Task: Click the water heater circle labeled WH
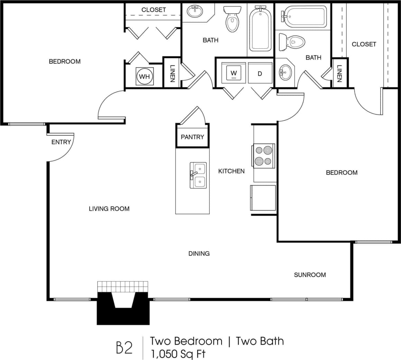point(144,76)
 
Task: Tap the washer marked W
point(234,73)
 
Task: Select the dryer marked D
point(260,74)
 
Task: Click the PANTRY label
point(193,137)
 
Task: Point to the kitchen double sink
point(198,175)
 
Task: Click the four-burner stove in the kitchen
point(264,156)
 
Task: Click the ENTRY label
point(61,142)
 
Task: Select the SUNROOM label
point(310,275)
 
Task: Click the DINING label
point(199,253)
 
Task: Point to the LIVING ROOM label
point(109,209)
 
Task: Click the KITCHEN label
point(231,171)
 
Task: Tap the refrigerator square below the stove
point(263,198)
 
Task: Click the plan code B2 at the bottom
point(124,348)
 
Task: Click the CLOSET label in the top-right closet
point(364,44)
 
